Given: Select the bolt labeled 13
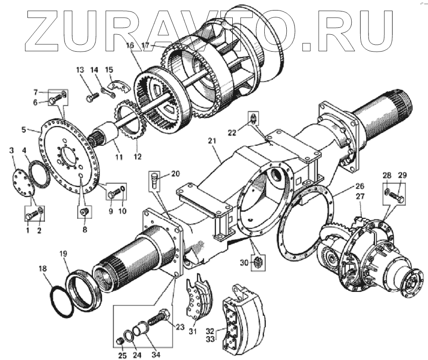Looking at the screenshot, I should coord(91,96).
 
